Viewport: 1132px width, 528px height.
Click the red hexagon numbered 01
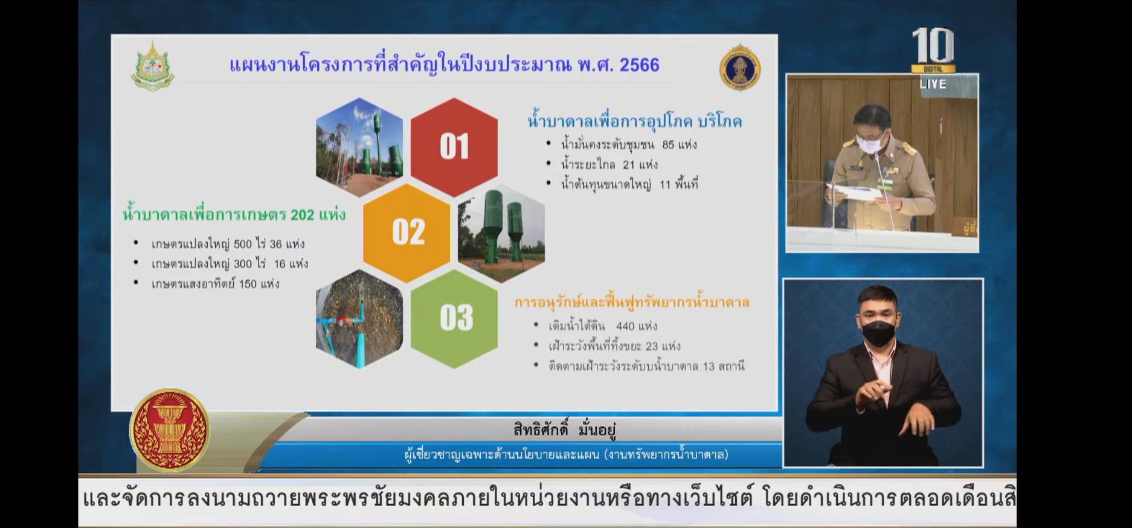(x=454, y=147)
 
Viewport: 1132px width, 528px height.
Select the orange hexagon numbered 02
(x=407, y=233)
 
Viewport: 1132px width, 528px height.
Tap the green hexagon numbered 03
(x=454, y=318)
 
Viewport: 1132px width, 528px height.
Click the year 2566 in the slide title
(x=639, y=65)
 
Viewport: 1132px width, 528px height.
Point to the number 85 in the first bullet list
(x=668, y=144)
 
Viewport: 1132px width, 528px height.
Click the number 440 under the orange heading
(x=625, y=326)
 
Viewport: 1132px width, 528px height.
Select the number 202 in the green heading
(x=303, y=214)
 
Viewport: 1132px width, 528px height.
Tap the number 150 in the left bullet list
(x=248, y=284)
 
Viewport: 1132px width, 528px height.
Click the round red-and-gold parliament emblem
(x=170, y=430)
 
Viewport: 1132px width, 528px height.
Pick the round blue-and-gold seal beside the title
(x=740, y=68)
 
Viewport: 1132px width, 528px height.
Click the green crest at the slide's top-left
(x=152, y=66)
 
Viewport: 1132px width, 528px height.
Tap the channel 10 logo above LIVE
(x=933, y=50)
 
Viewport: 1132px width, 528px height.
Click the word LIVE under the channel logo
(x=933, y=84)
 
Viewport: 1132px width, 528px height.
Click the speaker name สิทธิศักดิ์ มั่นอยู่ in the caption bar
(x=564, y=430)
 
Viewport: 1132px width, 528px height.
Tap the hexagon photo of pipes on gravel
(x=359, y=319)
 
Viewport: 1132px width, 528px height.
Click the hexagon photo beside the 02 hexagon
(x=501, y=233)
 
